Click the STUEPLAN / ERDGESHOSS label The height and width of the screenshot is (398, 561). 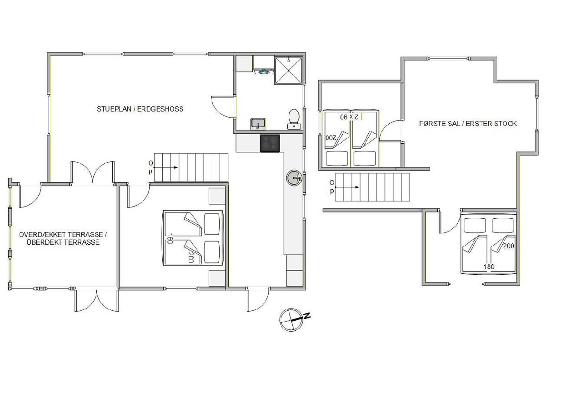[x=140, y=109]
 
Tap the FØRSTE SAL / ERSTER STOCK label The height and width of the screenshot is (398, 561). [x=468, y=124]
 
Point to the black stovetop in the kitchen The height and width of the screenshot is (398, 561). [x=270, y=143]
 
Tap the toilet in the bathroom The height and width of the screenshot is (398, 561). [x=294, y=119]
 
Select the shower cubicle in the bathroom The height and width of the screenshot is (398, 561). [x=289, y=71]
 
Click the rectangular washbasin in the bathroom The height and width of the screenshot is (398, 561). [x=258, y=124]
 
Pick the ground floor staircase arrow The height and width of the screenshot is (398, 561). [x=165, y=167]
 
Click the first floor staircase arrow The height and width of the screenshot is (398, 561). [x=347, y=187]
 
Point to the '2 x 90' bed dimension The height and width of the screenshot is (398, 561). [x=349, y=117]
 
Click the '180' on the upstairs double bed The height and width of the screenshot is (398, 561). [x=489, y=267]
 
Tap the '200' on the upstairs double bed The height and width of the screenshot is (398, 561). [x=509, y=246]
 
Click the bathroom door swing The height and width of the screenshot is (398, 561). [x=223, y=106]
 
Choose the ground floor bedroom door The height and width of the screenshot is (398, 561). [x=139, y=196]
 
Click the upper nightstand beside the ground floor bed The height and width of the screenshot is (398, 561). [x=217, y=196]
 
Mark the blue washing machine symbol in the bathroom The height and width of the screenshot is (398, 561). [x=264, y=72]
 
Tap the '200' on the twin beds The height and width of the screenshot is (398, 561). [x=331, y=138]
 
